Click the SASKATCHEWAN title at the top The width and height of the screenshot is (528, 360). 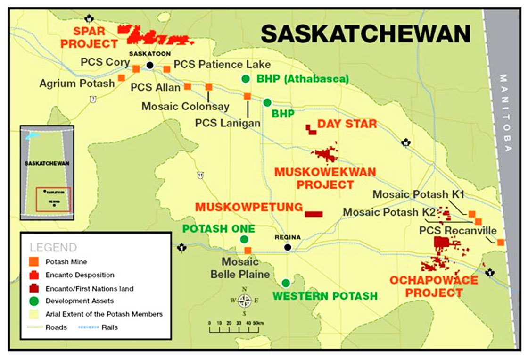[x=365, y=34]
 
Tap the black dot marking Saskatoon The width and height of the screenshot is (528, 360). [x=150, y=65]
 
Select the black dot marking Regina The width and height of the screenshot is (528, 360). [x=288, y=247]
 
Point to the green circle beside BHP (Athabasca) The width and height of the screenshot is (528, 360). [x=245, y=79]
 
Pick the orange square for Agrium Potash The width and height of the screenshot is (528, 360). [x=121, y=77]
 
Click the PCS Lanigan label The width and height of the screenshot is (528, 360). [x=228, y=123]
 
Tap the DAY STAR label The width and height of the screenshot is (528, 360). [x=347, y=124]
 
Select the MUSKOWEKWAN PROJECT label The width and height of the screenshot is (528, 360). [x=325, y=178]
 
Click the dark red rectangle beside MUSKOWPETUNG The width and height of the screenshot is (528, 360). [x=313, y=214]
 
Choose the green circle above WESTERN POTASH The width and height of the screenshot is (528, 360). [x=286, y=283]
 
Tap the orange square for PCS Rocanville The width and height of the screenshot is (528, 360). [x=501, y=242]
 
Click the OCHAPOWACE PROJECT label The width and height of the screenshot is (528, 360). [x=433, y=286]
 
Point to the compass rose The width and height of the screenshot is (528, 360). [x=244, y=300]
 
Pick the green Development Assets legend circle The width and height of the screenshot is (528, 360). [x=33, y=301]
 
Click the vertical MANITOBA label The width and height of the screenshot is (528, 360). [x=507, y=113]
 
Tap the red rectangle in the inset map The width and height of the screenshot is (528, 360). [x=54, y=200]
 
